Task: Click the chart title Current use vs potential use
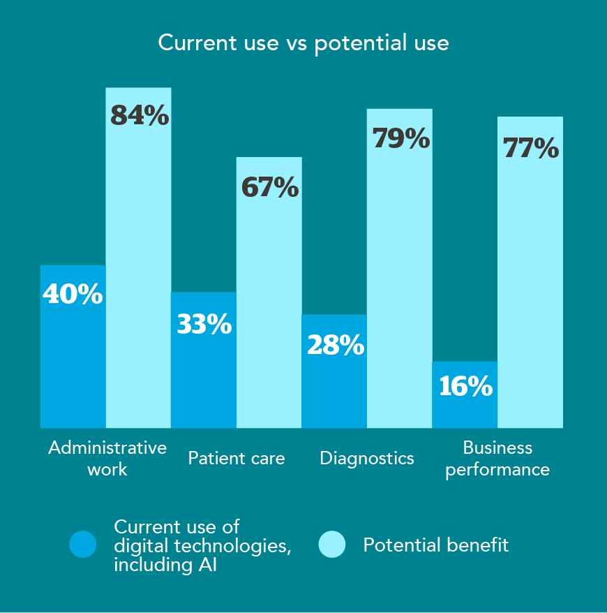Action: coord(303,43)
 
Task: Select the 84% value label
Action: coord(140,115)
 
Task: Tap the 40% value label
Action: coord(73,294)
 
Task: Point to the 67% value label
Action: coord(270,188)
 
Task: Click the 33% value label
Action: coord(204,324)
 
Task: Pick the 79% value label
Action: coord(400,138)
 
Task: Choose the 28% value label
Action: coord(334,345)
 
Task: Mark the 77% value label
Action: coord(531,148)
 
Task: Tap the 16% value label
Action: coord(465,386)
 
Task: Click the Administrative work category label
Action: coord(107,458)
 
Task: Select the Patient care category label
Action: coord(237,459)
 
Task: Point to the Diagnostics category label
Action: coord(367,459)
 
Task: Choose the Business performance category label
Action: coord(497,458)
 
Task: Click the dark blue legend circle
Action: coord(83,545)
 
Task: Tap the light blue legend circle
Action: coord(332,545)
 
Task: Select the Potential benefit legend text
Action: coord(436,545)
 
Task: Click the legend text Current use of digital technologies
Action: coord(202,545)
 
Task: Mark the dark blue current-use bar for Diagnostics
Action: coord(334,391)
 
